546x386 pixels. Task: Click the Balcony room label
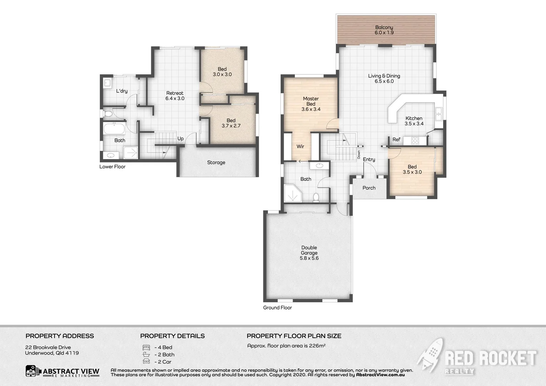384,30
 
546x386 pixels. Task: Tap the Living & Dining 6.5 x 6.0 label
384,78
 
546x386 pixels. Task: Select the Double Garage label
309,252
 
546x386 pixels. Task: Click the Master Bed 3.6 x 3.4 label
311,104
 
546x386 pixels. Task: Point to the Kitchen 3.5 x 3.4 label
414,121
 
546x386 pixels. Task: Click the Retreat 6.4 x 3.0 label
175,95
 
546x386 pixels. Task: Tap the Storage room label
216,162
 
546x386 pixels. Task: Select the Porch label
369,188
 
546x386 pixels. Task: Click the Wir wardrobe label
300,146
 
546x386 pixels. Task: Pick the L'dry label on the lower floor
121,91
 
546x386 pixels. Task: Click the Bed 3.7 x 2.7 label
231,123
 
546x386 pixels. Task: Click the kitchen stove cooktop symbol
415,141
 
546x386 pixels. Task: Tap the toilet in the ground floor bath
316,197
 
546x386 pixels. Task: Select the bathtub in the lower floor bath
114,128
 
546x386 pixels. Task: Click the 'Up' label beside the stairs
180,139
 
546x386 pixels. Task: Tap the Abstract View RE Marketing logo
62,371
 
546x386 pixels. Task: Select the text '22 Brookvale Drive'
48,347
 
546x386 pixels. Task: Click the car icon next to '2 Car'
146,362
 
